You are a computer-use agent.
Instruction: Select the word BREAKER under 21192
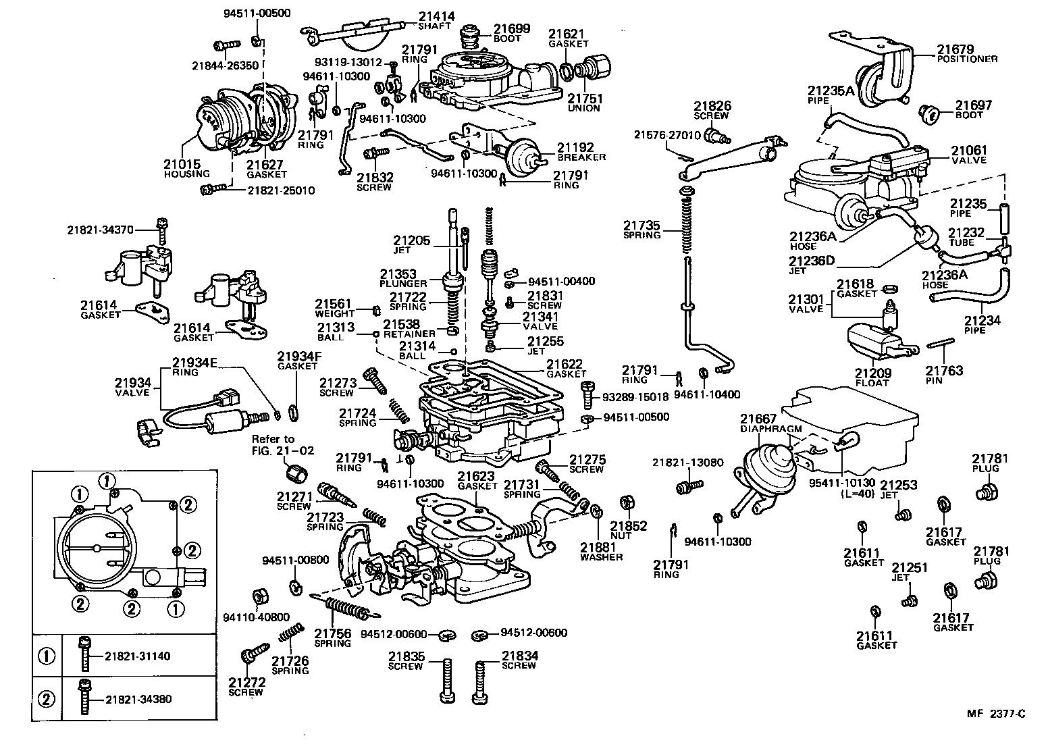tap(581, 157)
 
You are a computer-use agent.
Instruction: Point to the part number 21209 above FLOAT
tap(872, 373)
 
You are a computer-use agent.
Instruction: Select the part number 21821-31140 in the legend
tap(138, 656)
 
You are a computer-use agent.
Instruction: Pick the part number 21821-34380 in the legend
tap(138, 699)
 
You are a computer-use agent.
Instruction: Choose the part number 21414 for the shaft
tap(436, 17)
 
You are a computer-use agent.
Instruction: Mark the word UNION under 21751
tap(583, 108)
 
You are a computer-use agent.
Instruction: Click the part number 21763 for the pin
tap(944, 371)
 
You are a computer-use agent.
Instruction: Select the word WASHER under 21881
tap(601, 557)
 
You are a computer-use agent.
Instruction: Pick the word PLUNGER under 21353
tap(403, 284)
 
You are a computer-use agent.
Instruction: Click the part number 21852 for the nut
tap(629, 525)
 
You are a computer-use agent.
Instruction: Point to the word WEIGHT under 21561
tap(334, 314)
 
